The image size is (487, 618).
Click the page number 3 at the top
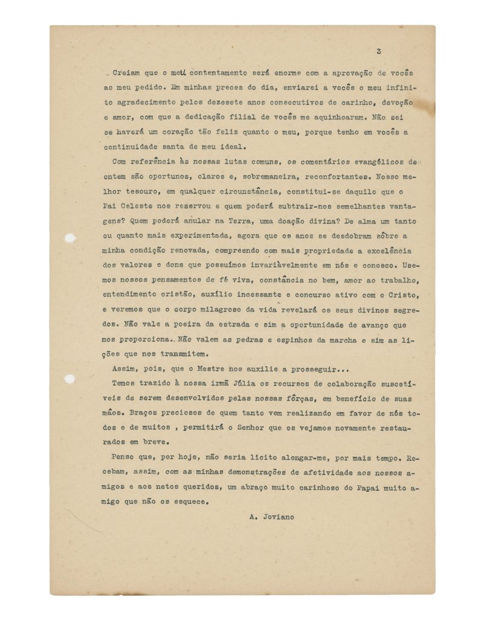(377, 51)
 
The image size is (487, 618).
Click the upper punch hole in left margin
(70, 238)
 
